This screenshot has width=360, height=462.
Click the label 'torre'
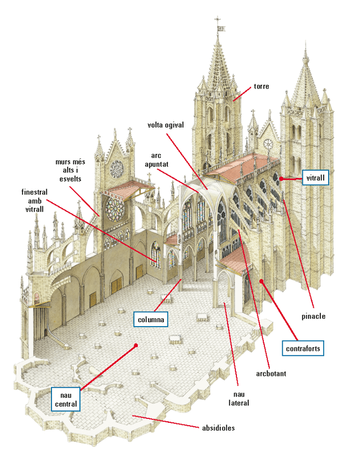coord(261,87)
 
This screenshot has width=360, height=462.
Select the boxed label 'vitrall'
coord(315,178)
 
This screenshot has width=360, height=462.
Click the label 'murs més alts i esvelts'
coord(69,170)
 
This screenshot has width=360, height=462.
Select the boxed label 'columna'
coord(151,319)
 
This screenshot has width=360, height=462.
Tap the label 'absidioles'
coord(218,428)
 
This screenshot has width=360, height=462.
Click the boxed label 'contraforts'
coord(303,348)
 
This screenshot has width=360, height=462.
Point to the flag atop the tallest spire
coord(220,27)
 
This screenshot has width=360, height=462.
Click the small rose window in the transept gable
coord(116,167)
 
